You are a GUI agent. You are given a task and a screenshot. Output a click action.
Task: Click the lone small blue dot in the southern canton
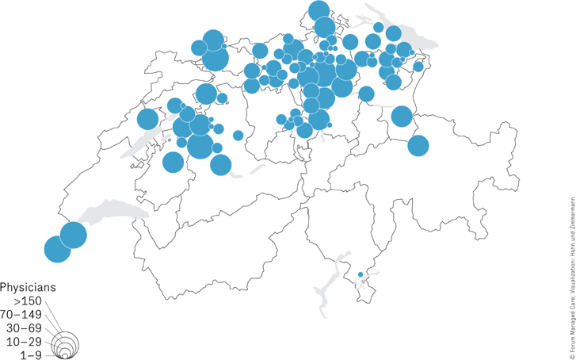(x=360, y=274)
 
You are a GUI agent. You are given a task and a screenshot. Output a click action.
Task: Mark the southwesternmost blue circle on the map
(x=56, y=250)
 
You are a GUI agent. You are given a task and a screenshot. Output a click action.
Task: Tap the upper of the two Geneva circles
(x=73, y=235)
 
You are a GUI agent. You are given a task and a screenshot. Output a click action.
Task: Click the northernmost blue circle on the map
(x=319, y=11)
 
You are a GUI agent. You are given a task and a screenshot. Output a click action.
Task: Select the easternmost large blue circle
(x=418, y=146)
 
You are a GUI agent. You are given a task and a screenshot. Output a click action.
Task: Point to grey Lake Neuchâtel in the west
(x=147, y=144)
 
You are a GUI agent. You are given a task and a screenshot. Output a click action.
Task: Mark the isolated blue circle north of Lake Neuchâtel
(x=147, y=120)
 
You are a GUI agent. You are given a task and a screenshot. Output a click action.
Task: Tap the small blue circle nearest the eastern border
(x=418, y=67)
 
